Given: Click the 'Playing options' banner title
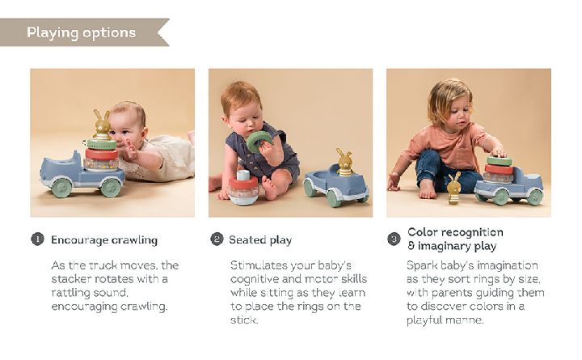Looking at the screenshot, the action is (x=82, y=32).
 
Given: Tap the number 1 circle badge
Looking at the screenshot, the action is (x=37, y=239).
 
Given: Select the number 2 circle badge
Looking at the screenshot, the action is (x=217, y=239).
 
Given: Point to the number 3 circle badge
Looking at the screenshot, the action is (x=394, y=239).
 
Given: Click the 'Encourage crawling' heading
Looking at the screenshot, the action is (x=104, y=240).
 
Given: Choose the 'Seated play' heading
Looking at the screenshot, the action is (x=260, y=240).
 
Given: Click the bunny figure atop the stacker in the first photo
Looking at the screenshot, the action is (x=101, y=125).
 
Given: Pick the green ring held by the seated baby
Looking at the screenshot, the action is (x=259, y=142).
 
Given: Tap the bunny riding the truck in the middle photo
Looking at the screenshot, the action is (x=345, y=163).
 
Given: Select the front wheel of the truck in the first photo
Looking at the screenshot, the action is (x=61, y=188).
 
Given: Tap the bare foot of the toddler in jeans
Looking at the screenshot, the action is (x=428, y=188).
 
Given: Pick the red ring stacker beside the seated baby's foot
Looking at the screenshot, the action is (x=243, y=188).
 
